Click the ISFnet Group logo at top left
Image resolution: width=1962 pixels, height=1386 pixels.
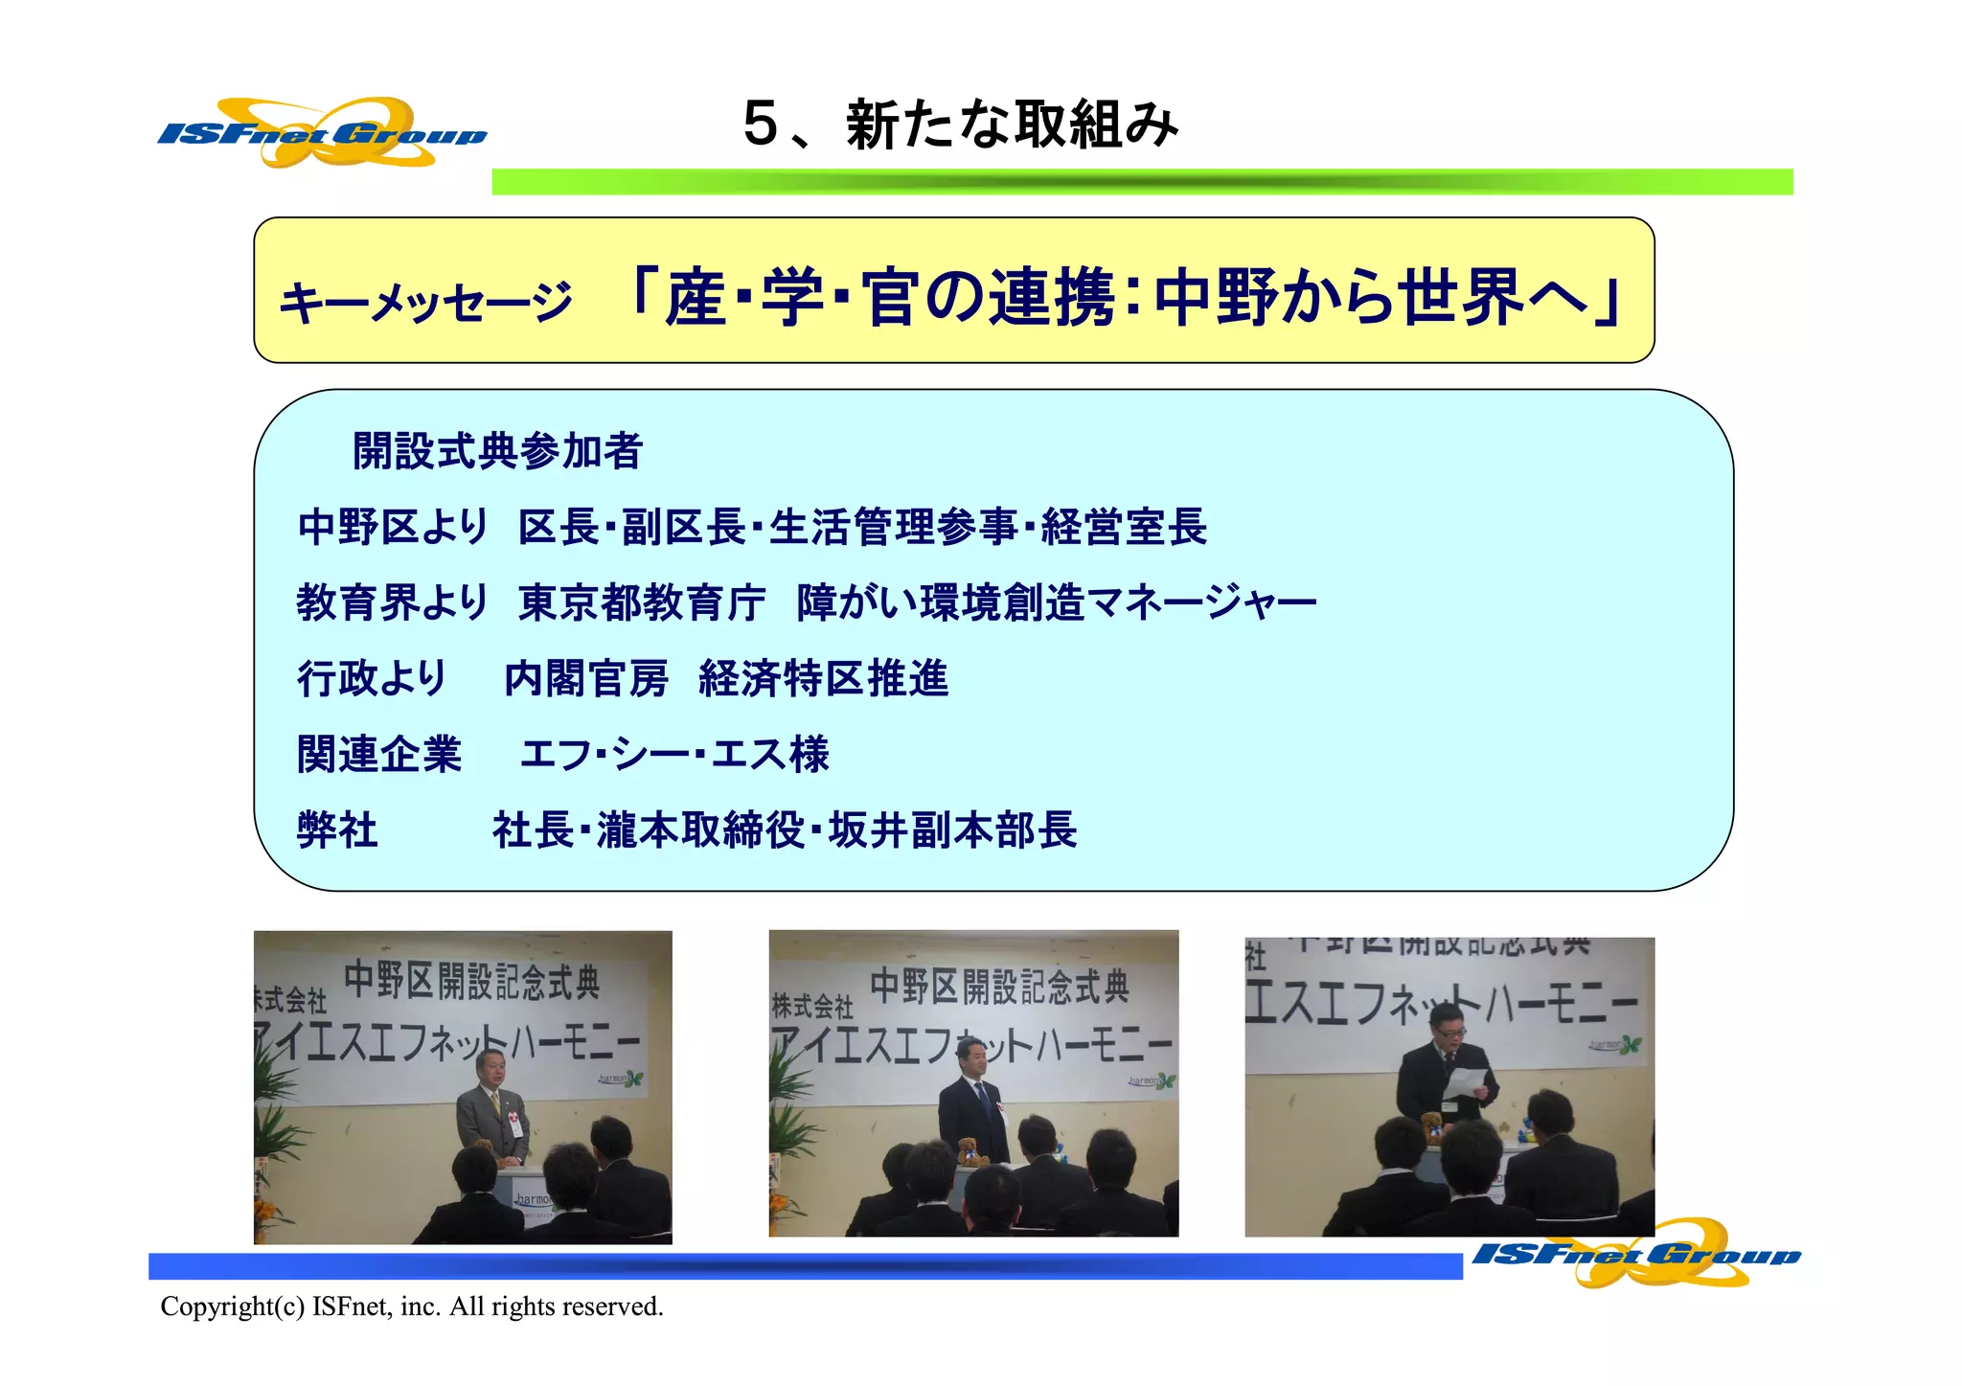322,133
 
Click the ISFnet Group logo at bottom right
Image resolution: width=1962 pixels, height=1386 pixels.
1636,1253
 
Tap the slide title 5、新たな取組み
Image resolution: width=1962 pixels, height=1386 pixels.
960,125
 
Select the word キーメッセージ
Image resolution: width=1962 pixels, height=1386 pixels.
425,303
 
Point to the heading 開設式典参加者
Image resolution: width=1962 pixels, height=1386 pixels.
497,451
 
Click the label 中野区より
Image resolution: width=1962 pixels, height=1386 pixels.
393,527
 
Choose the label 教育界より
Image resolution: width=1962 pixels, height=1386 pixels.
392,602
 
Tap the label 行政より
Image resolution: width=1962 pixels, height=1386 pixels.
372,678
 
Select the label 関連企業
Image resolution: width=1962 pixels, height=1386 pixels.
379,754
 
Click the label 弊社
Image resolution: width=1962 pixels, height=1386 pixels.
337,829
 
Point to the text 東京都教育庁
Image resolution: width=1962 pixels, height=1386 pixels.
641,602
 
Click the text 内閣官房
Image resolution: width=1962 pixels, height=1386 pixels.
585,678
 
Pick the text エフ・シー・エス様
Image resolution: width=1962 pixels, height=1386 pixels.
674,754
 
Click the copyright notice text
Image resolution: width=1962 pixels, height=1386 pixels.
412,1306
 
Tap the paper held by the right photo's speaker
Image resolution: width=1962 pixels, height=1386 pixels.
1463,1083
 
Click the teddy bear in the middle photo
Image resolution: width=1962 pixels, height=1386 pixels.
972,1151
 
